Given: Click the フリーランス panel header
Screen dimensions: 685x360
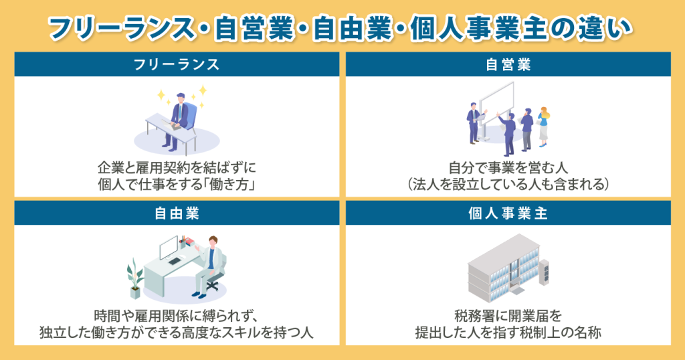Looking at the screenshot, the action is click(x=177, y=65).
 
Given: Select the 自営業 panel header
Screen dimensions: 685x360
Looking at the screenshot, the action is click(x=508, y=65).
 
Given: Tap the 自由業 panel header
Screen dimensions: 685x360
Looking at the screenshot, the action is click(x=177, y=213).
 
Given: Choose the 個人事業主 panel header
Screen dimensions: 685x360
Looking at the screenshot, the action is click(x=508, y=213).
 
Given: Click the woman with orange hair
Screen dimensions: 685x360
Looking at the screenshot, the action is click(x=543, y=126).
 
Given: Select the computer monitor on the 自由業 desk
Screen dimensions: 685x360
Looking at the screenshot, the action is click(x=169, y=248).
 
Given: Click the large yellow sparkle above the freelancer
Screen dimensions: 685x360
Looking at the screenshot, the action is click(x=203, y=90).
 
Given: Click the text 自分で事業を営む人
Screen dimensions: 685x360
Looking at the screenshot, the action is click(x=508, y=168).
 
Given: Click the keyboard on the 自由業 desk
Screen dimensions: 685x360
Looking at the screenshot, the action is click(x=175, y=261).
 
